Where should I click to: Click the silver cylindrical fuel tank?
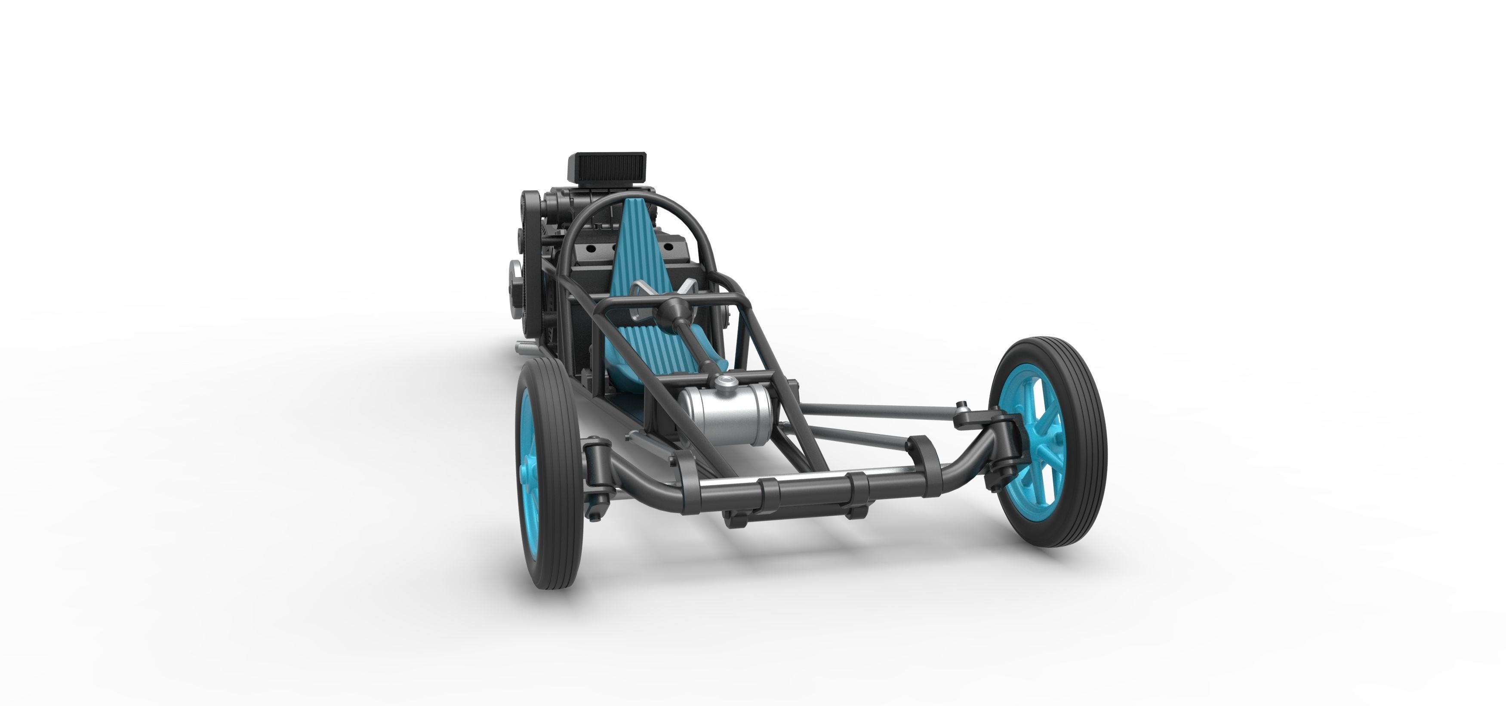725,412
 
